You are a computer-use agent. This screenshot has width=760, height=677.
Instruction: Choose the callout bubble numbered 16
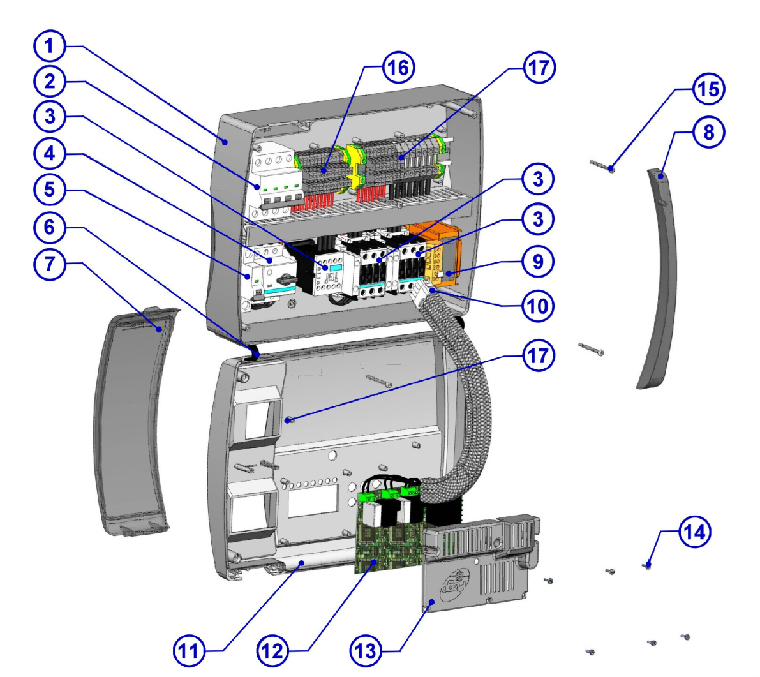398,68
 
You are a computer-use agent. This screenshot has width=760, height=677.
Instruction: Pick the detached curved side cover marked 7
131,415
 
